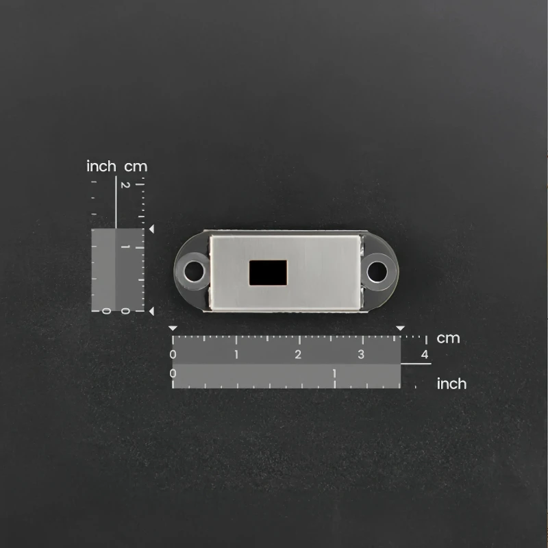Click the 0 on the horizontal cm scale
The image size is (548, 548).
pyautogui.click(x=173, y=354)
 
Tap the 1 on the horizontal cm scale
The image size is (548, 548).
pyautogui.click(x=236, y=354)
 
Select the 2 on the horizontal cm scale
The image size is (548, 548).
pyautogui.click(x=298, y=354)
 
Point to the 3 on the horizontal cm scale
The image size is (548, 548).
pyautogui.click(x=361, y=354)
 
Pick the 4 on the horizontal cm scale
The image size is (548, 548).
pyautogui.click(x=425, y=354)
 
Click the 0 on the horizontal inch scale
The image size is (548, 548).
pyautogui.click(x=173, y=373)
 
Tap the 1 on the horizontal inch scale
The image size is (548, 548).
pyautogui.click(x=334, y=373)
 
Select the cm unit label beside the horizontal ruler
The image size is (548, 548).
pyautogui.click(x=448, y=338)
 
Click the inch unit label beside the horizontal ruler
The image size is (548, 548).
pyautogui.click(x=451, y=384)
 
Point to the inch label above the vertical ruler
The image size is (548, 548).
pyautogui.click(x=101, y=166)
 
